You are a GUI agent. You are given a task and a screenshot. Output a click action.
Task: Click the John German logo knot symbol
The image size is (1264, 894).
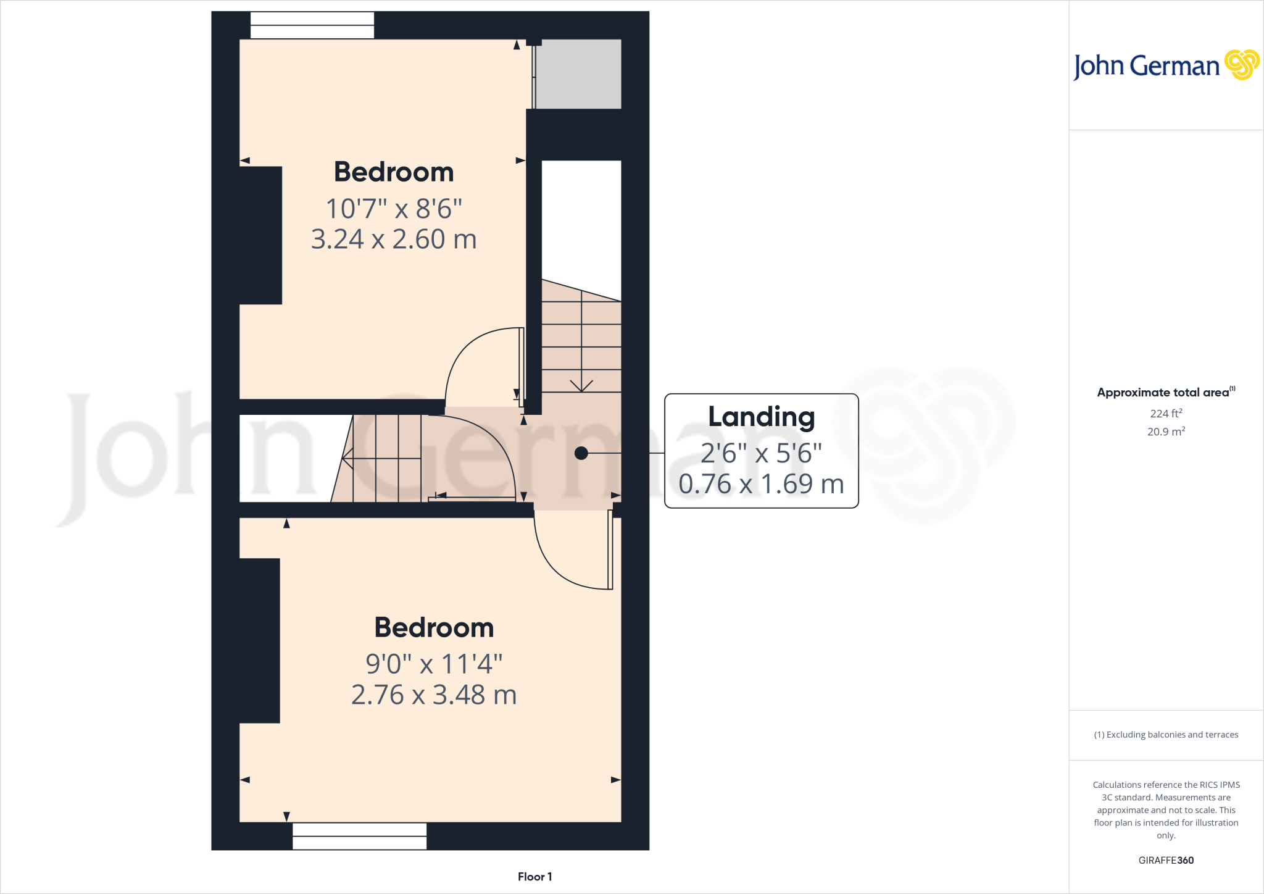click(1241, 65)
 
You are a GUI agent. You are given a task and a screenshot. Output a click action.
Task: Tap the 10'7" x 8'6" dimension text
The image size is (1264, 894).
click(394, 209)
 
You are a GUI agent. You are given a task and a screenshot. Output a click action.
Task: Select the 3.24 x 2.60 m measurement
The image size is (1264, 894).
click(394, 240)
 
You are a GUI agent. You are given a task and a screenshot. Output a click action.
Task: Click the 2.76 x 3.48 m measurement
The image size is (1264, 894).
click(434, 695)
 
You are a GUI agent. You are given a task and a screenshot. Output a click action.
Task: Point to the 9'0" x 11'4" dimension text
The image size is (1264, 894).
click(434, 664)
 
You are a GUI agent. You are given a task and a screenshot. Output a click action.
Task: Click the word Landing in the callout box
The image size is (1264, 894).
click(761, 417)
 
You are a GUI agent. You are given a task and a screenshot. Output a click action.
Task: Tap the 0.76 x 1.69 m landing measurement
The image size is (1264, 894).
click(761, 484)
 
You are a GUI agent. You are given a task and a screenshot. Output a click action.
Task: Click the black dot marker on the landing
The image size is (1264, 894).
click(581, 453)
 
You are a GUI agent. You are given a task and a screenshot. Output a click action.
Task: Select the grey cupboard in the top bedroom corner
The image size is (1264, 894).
click(578, 74)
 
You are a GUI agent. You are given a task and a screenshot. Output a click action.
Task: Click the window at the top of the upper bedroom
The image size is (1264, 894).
click(312, 25)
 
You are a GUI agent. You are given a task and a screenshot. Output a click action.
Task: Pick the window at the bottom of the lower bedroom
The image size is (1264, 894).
click(359, 836)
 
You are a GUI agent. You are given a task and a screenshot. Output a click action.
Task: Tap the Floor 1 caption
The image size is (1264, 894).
click(534, 877)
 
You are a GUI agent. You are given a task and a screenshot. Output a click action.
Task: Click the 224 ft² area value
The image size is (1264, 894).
click(1166, 413)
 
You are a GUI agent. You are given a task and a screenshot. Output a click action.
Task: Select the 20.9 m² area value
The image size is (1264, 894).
click(1166, 432)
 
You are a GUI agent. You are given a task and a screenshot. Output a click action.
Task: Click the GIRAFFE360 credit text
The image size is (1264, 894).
click(1166, 860)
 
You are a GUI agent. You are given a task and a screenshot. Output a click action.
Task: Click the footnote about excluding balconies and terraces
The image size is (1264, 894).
click(1166, 735)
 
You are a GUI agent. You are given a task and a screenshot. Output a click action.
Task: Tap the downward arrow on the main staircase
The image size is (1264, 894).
click(581, 385)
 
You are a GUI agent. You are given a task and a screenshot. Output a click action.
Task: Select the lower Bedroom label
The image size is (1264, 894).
click(434, 628)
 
